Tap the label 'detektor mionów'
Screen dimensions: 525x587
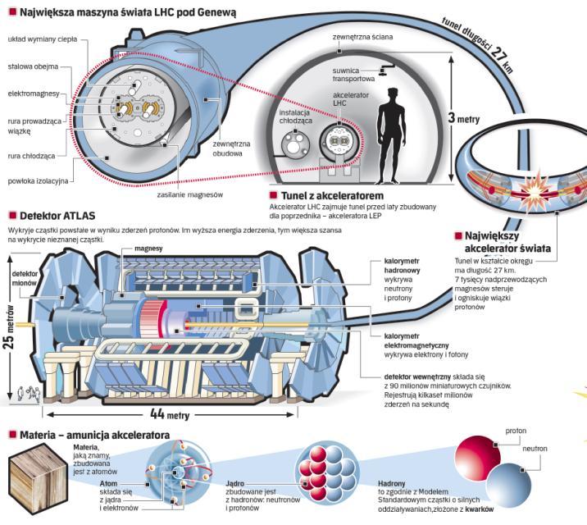pyautogui.click(x=25, y=277)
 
